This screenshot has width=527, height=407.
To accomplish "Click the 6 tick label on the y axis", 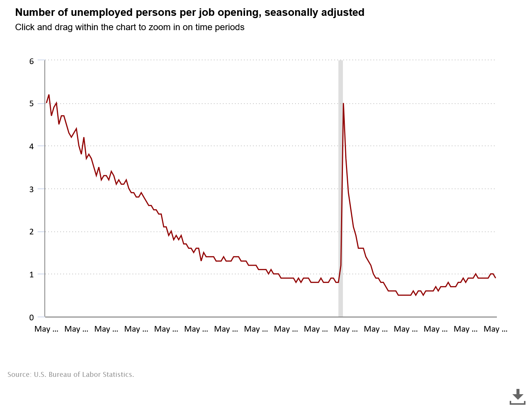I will coord(32,61).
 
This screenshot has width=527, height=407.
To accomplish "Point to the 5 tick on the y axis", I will coord(32,104).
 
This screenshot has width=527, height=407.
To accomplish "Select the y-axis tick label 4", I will coord(32,146).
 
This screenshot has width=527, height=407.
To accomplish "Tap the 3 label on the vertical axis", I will coord(32,189).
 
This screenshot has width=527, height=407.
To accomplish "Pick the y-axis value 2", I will coord(32,232).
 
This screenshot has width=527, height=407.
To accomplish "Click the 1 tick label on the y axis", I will coord(32,274).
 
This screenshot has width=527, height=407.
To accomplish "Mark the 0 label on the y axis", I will coord(32,317).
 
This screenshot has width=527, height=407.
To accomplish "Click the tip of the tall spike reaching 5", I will coord(343,104).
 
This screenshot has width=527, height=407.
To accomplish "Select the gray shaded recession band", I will coord(341,188).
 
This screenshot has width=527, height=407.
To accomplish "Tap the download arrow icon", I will coord(518,396).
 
